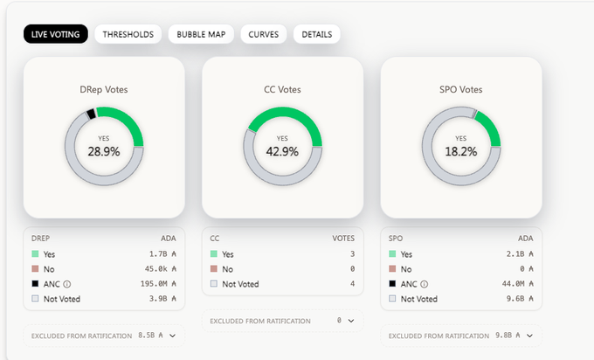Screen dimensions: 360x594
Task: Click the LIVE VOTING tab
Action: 55,35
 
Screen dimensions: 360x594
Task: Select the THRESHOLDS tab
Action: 128,35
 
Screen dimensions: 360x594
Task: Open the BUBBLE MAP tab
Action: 201,35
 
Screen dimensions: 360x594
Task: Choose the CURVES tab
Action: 263,35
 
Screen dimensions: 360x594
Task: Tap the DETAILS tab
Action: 317,35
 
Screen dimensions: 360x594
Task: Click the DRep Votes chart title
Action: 104,89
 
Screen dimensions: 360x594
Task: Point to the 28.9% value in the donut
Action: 104,151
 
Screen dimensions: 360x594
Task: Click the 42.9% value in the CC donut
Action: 282,151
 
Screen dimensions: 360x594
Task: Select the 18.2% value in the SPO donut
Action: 461,151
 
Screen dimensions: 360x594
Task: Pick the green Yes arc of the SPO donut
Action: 490,129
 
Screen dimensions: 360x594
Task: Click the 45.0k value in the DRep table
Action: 162,269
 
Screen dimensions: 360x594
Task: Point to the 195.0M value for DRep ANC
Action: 162,284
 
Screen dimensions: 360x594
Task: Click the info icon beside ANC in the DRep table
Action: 67,284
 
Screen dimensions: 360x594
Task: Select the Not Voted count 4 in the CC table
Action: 351,284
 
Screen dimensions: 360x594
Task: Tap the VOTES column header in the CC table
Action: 343,236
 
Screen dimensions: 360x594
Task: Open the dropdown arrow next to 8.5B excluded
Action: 173,336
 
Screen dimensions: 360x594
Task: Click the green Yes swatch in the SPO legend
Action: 392,254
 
